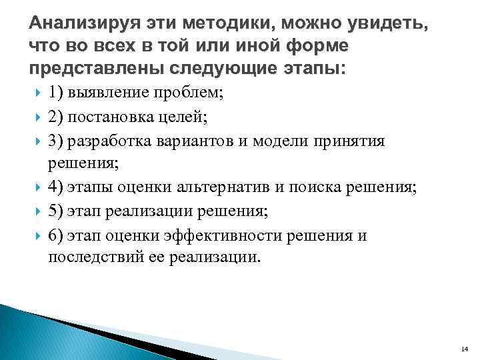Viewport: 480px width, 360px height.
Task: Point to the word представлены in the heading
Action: (90, 69)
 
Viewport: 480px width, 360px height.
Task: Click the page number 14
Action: (465, 349)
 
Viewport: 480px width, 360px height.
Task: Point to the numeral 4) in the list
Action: (56, 189)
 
